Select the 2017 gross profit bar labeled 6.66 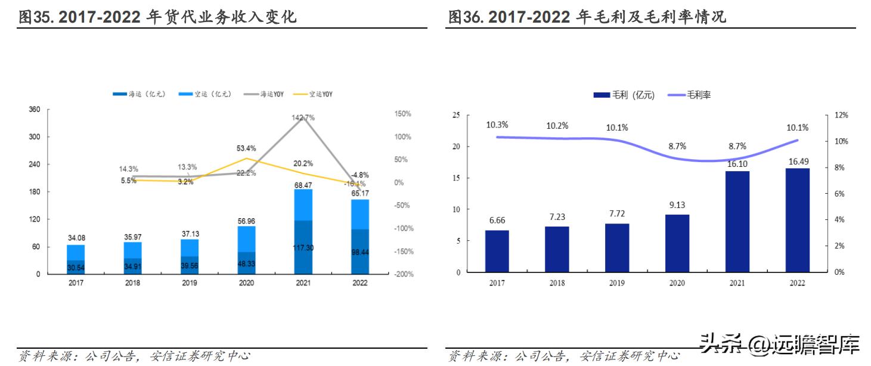pos(496,251)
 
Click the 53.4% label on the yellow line pos(246,148)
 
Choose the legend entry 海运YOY pos(275,94)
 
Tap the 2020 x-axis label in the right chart pos(677,283)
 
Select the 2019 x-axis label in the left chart pos(189,283)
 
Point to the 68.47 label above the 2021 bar pos(303,185)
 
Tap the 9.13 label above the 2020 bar pos(677,206)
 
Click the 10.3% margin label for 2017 pos(497,125)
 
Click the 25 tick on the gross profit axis pos(457,115)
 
